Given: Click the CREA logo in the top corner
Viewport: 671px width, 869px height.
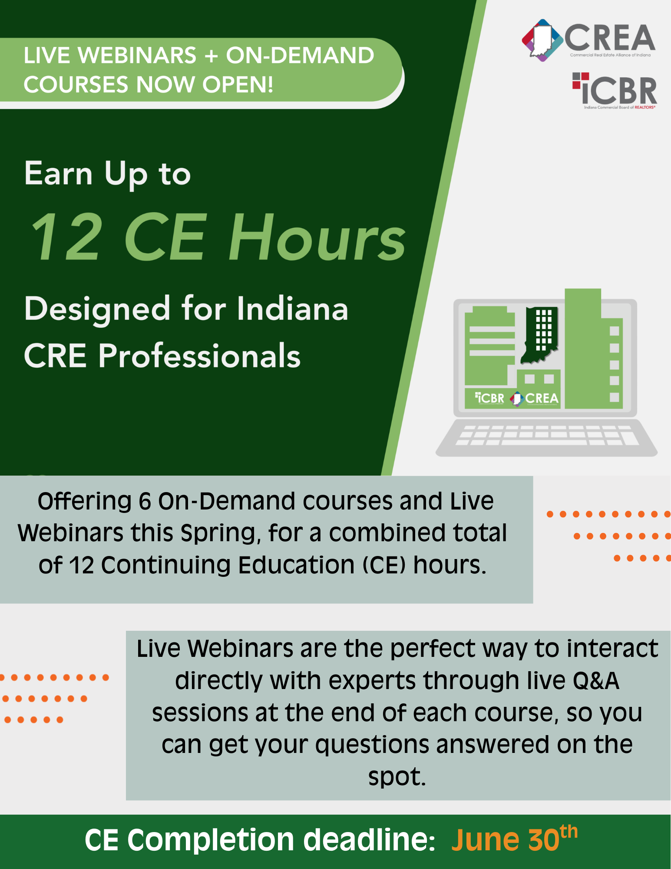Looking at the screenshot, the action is coord(588,40).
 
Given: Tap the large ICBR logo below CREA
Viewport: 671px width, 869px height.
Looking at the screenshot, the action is coord(615,90).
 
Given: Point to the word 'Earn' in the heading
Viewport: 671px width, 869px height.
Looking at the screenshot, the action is coord(58,173).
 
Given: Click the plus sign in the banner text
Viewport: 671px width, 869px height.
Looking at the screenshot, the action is coord(211,56).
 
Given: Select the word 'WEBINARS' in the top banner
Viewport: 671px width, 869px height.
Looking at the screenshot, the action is coord(138,55).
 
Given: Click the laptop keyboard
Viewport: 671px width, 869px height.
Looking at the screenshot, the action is coord(547,435).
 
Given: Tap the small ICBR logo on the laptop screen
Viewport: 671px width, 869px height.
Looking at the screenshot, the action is coord(489,398).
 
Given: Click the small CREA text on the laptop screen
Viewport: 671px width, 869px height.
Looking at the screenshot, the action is coord(542,398).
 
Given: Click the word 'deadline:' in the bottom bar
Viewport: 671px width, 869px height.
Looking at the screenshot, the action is coord(369,839).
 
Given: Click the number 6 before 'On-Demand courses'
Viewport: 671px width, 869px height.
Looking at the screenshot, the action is coord(145,501).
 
